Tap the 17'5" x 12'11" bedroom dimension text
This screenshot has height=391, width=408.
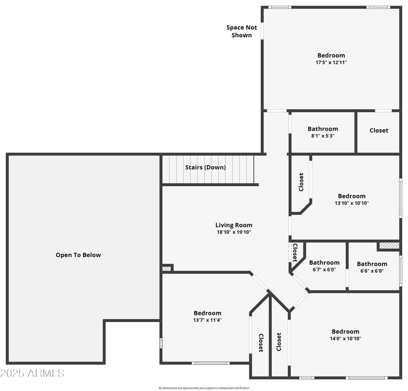331,62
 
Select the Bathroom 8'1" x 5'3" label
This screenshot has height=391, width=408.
322,132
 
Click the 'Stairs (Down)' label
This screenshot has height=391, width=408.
205,167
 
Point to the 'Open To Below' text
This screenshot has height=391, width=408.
78,255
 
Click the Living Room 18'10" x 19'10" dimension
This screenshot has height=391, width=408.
234,232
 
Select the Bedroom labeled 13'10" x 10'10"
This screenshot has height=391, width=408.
351,199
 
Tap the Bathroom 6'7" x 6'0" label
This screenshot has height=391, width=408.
324,266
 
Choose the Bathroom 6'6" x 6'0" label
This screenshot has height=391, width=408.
372,267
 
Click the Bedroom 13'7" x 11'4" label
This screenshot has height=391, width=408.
207,316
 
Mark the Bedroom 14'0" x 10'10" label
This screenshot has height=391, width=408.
345,334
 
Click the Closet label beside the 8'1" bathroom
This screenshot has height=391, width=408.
378,131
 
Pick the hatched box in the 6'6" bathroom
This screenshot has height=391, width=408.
389,246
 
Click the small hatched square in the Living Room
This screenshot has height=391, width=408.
166,268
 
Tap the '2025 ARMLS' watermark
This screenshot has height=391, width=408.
32,373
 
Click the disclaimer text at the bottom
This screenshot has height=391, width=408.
203,388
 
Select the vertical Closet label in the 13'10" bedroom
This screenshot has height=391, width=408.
301,182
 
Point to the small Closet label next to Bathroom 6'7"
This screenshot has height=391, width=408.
295,252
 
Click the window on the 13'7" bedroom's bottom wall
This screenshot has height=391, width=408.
211,363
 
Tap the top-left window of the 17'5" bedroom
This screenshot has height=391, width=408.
279,7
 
